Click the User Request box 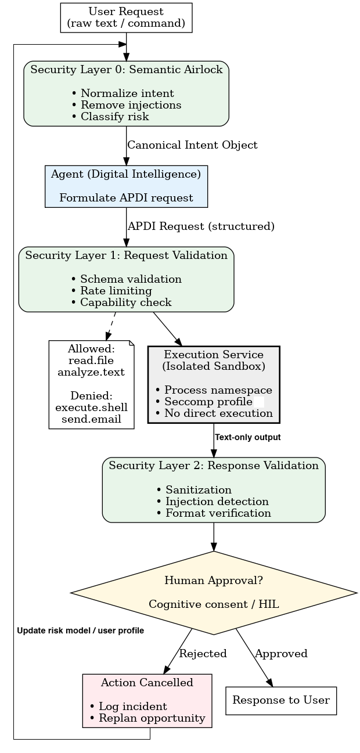[126, 18]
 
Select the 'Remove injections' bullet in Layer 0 [127, 105]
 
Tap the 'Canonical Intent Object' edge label [192, 145]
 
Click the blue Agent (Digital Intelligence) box [126, 186]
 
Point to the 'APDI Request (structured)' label [201, 226]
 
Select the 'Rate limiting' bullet [111, 291]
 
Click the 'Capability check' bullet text [121, 302]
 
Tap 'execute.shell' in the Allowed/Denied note [91, 408]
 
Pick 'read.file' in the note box [91, 361]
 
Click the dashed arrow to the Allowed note [111, 326]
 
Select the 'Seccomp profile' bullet [204, 402]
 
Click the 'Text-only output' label [248, 437]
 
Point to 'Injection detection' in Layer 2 [213, 502]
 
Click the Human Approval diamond [214, 593]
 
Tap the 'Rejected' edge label [203, 654]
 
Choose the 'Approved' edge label [281, 654]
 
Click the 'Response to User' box [281, 701]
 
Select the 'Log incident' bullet [128, 707]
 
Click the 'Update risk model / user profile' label [80, 630]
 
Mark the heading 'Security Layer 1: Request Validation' [127, 255]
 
